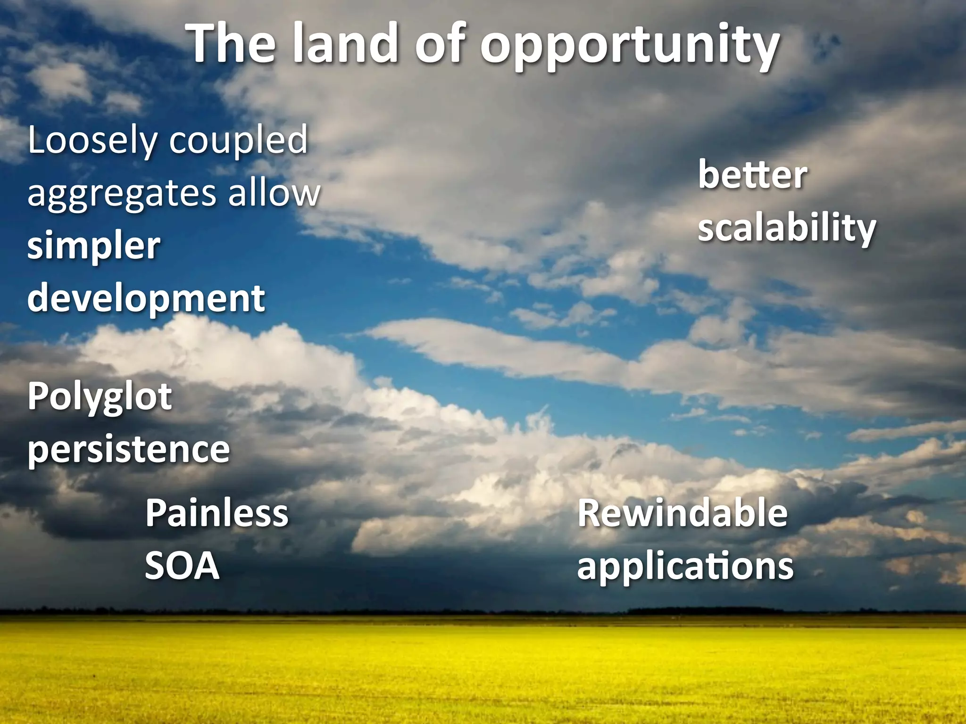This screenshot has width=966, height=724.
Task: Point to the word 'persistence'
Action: pos(128,449)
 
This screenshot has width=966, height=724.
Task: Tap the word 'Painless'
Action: pos(217,513)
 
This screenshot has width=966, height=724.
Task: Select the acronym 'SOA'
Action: pos(182,566)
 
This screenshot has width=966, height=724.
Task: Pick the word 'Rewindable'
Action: pos(683,513)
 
